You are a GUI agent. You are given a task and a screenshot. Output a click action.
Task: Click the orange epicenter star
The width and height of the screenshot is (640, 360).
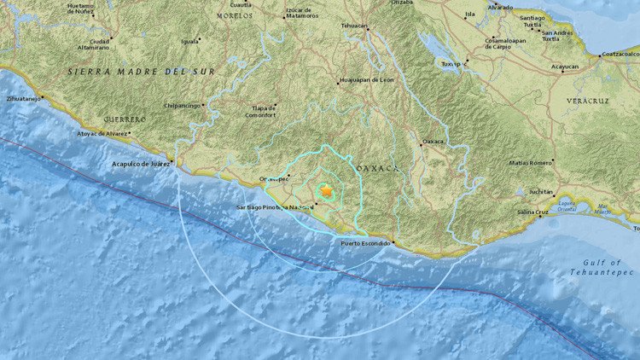pyautogui.click(x=325, y=192)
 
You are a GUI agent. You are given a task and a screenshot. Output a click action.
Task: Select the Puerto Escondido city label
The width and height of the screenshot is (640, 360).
pyautogui.click(x=365, y=244)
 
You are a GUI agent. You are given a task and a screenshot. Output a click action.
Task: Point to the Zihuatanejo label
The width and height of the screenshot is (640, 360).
pyautogui.click(x=24, y=99)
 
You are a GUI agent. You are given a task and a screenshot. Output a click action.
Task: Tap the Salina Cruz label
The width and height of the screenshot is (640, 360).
pyautogui.click(x=532, y=211)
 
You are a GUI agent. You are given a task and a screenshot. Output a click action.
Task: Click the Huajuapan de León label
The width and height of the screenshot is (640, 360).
pyautogui.click(x=367, y=79)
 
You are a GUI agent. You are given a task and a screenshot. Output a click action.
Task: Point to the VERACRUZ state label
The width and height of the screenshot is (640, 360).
pyautogui.click(x=588, y=101)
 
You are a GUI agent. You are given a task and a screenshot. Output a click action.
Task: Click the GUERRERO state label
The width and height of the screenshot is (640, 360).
pyautogui.click(x=125, y=119)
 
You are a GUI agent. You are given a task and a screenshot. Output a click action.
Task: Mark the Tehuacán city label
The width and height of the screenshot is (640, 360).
pyautogui.click(x=354, y=26)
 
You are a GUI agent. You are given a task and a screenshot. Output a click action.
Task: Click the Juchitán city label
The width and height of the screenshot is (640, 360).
pyautogui.click(x=541, y=192)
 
